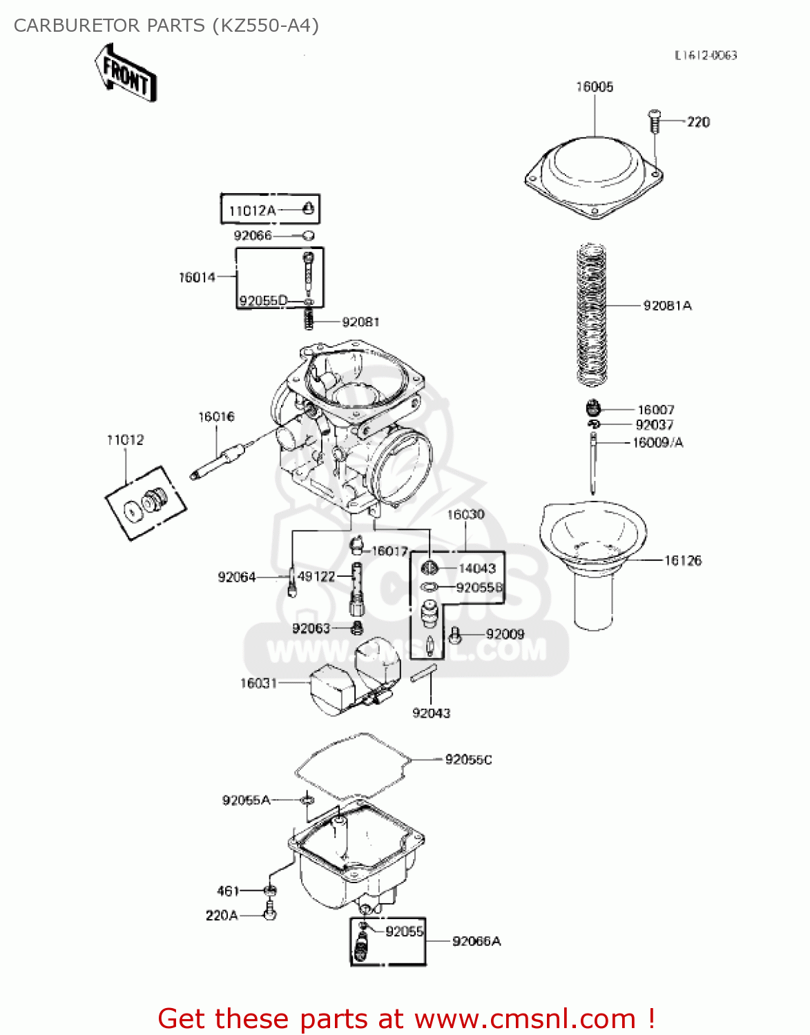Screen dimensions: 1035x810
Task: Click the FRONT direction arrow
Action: click(x=126, y=73)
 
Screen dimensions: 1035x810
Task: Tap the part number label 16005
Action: click(x=595, y=87)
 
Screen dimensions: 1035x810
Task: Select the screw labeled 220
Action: click(x=654, y=121)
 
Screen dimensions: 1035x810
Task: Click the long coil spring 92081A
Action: click(x=591, y=314)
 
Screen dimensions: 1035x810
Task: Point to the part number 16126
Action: click(x=682, y=561)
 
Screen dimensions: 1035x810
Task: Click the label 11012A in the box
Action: click(x=252, y=211)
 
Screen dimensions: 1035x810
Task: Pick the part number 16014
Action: click(x=197, y=277)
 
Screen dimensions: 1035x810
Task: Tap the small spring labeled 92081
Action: click(x=309, y=319)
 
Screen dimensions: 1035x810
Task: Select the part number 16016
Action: click(x=216, y=417)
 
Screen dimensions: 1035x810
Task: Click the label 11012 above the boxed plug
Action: click(x=126, y=440)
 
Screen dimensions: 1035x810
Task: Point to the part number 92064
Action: click(x=236, y=577)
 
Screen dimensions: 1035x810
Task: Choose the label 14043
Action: click(x=477, y=569)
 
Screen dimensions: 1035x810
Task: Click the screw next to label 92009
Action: click(x=454, y=635)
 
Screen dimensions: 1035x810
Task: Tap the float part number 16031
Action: click(x=258, y=683)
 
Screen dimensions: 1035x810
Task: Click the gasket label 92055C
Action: click(x=468, y=760)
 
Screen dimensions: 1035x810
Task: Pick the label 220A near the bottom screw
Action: click(x=222, y=916)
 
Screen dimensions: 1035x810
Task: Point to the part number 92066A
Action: click(x=476, y=941)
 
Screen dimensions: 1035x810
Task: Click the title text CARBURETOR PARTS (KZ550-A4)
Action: click(x=166, y=26)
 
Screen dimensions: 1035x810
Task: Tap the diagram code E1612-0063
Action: click(x=706, y=55)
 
